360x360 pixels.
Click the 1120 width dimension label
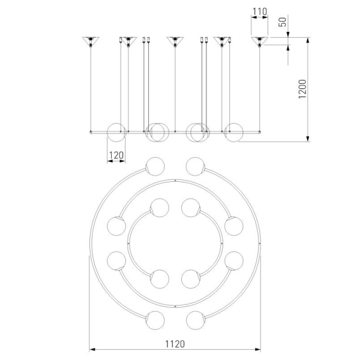[x=175, y=344]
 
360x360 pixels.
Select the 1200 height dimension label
[x=302, y=89]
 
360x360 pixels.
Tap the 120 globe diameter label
[x=116, y=155]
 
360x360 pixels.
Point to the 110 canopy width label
[x=260, y=11]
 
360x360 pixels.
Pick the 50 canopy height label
[x=283, y=22]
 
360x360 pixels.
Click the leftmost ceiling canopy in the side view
[x=91, y=41]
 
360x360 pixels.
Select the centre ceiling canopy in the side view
[x=175, y=41]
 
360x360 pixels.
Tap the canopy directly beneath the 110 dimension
[x=260, y=41]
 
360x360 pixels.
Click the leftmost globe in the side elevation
[x=116, y=133]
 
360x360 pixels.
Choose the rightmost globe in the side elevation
[x=234, y=133]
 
